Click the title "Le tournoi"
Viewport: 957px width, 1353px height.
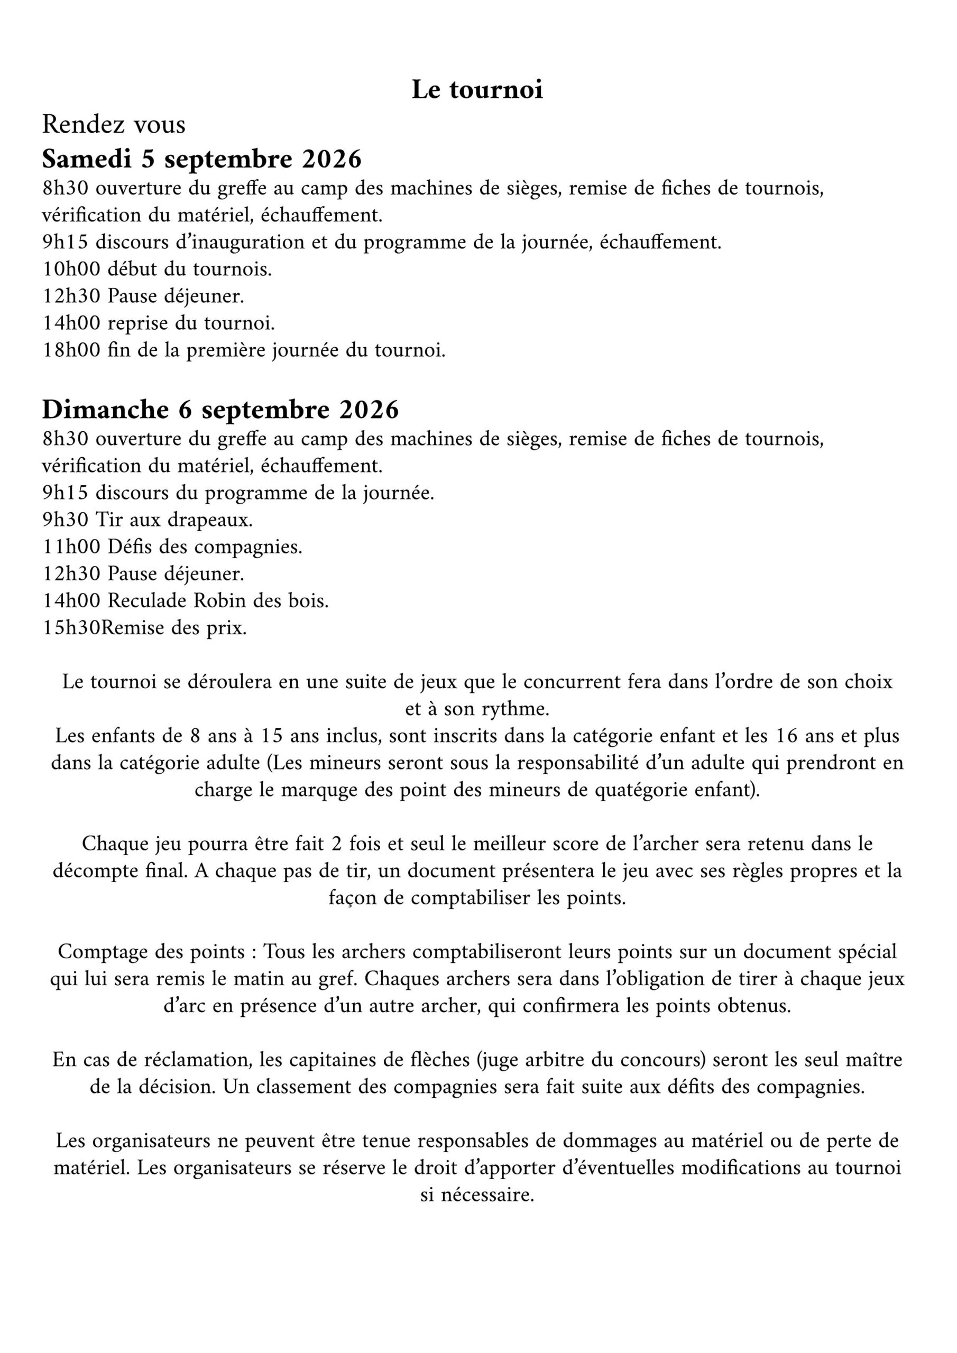tap(477, 89)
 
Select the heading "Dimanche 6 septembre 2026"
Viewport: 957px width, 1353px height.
tap(220, 410)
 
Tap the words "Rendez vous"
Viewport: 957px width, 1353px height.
tap(114, 124)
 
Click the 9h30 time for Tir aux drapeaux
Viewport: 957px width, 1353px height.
tap(65, 520)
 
